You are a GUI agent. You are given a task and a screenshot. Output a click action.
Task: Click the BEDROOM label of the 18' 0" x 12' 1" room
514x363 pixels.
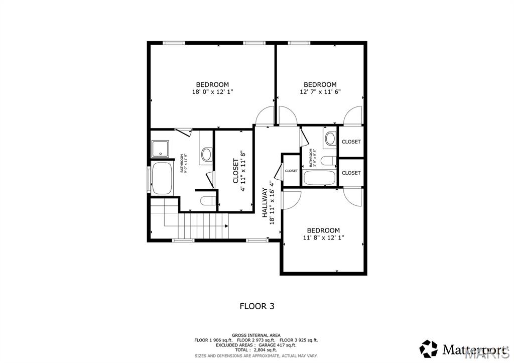[x=212, y=84]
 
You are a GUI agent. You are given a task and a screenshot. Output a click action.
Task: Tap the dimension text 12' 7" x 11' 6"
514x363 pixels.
[x=320, y=92]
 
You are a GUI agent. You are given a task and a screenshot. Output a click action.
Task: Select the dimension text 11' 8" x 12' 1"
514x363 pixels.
[x=323, y=237]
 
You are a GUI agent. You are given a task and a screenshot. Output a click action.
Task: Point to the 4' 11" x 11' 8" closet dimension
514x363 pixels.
[x=243, y=171]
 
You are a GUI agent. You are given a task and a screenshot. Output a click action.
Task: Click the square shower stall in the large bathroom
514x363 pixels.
[x=161, y=149]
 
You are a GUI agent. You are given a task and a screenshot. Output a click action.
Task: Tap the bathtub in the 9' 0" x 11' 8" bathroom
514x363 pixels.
[x=162, y=179]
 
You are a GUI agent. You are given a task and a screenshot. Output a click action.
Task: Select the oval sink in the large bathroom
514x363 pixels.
[x=206, y=154]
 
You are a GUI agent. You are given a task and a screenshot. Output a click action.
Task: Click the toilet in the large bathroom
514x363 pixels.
[x=207, y=201]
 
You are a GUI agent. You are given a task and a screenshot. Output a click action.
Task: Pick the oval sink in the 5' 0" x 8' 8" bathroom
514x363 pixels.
[x=330, y=139]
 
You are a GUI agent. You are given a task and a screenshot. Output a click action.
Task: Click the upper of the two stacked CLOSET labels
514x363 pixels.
[x=351, y=142]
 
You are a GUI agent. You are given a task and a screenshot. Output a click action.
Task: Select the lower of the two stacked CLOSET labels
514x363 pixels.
[x=351, y=173]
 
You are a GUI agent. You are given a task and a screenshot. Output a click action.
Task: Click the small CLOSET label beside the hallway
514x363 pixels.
[x=291, y=171]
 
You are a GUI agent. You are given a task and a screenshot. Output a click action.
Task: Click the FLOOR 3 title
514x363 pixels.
[x=256, y=305]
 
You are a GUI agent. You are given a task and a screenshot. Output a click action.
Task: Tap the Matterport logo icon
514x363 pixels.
[x=428, y=348]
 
